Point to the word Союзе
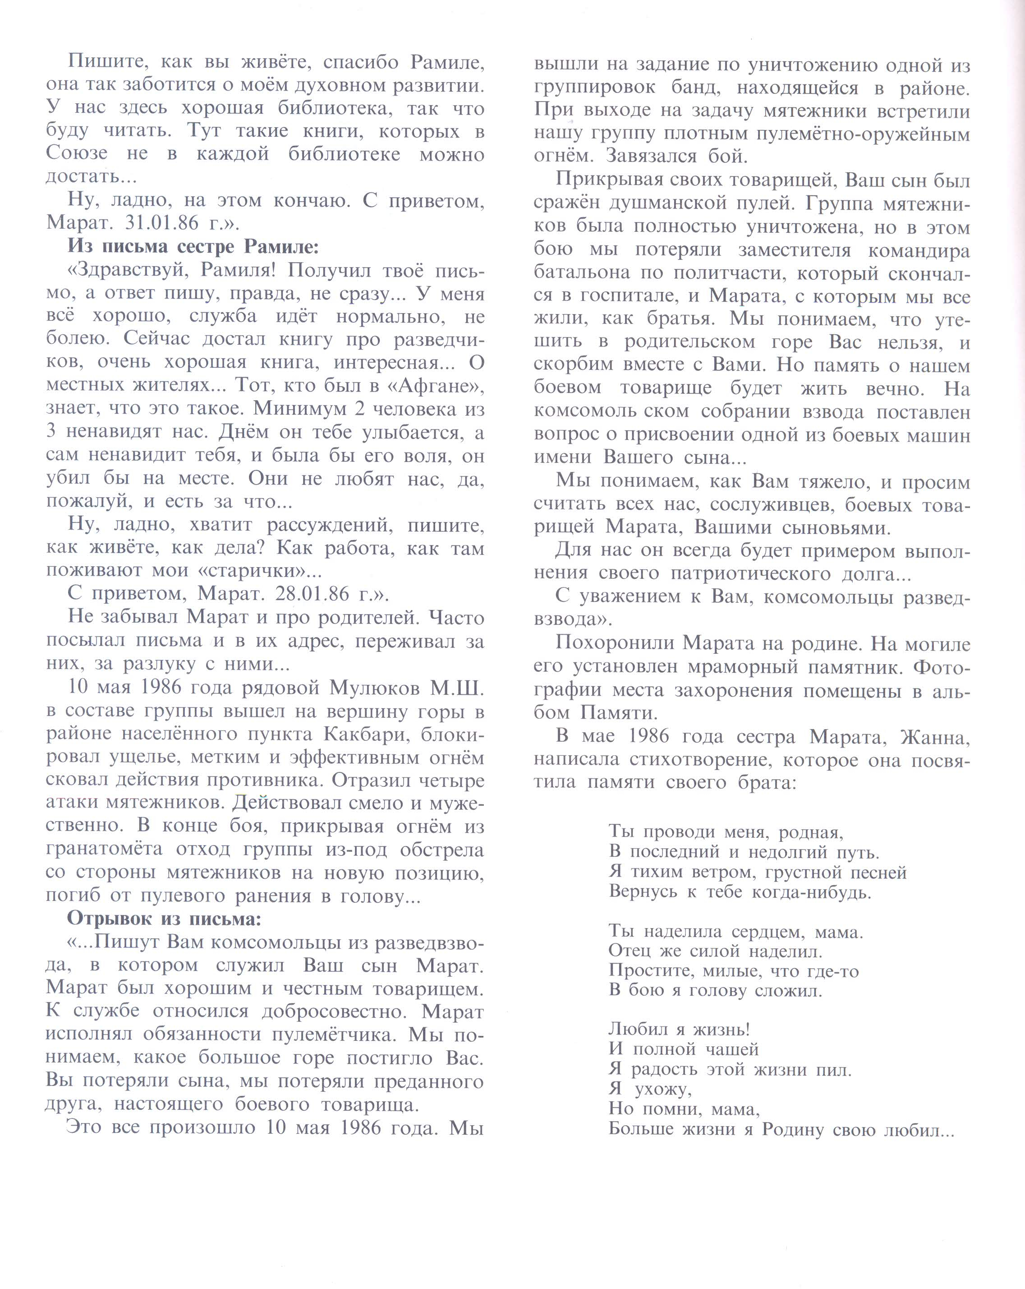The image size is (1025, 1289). tap(77, 154)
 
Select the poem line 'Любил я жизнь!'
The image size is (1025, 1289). tap(679, 1029)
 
